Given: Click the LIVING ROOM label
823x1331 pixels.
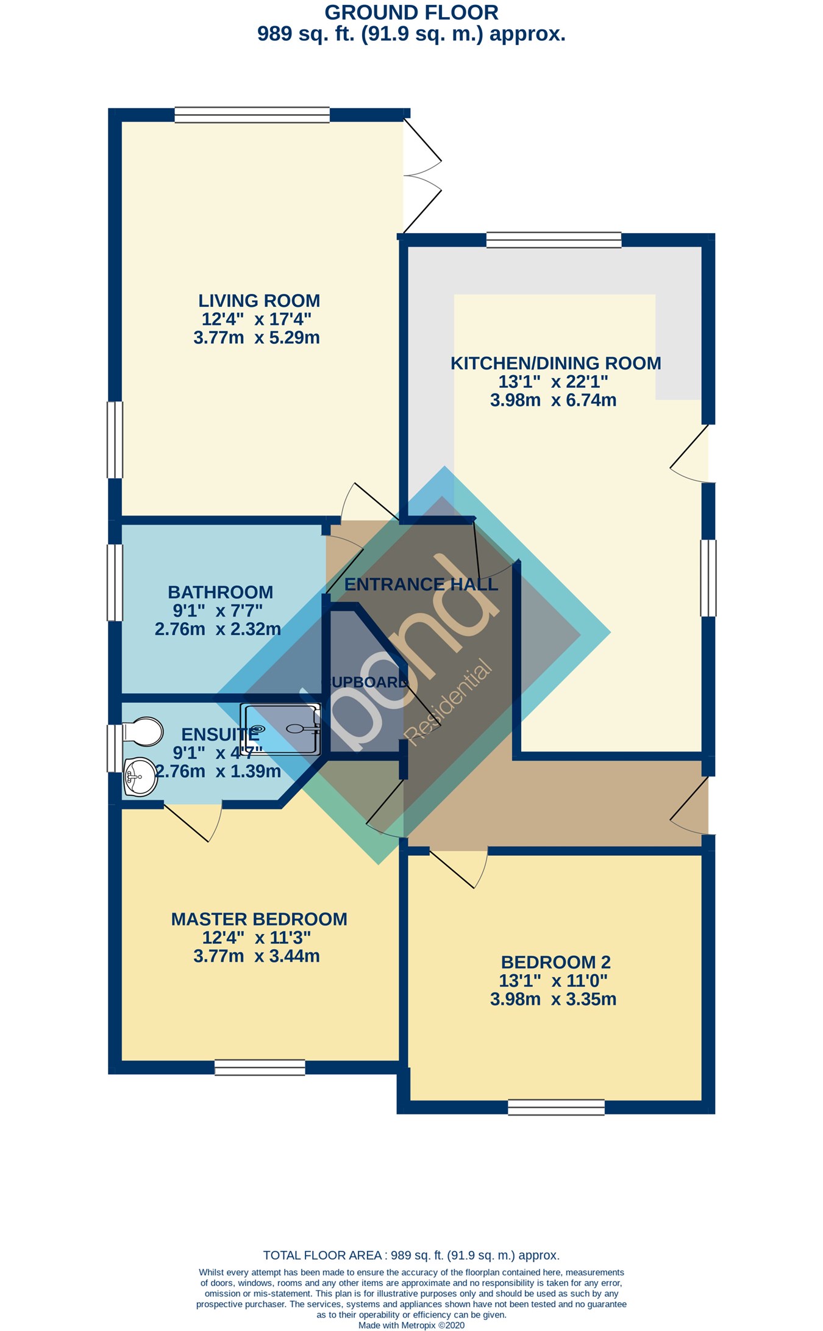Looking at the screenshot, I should (259, 301).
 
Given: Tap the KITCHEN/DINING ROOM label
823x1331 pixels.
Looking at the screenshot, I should (555, 364).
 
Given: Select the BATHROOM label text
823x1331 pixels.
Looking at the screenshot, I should (220, 592).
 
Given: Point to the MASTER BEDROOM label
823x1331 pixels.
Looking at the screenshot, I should (259, 919).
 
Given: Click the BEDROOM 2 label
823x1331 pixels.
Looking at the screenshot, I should (555, 963).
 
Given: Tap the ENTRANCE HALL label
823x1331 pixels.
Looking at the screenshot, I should (421, 584).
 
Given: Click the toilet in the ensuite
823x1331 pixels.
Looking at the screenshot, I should (143, 731).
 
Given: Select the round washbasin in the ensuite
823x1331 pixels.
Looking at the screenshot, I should (141, 777).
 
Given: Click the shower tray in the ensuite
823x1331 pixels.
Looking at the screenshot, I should (281, 728).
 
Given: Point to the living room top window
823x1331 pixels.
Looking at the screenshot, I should (252, 115).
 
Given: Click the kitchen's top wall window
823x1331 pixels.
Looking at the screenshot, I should (554, 240).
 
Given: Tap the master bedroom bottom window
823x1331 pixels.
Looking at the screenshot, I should (260, 1067).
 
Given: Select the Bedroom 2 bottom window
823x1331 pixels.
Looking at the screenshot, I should (556, 1107).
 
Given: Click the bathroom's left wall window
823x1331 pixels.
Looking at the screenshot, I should (115, 582).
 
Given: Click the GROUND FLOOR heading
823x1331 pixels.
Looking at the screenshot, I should (411, 12).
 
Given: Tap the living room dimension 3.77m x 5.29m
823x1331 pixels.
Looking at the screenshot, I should (257, 338).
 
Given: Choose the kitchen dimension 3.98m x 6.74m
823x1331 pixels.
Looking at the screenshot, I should (553, 401).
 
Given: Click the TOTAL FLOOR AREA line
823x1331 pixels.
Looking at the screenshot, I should (411, 1255).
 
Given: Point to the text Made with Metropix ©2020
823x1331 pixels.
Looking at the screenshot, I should (411, 1325).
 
